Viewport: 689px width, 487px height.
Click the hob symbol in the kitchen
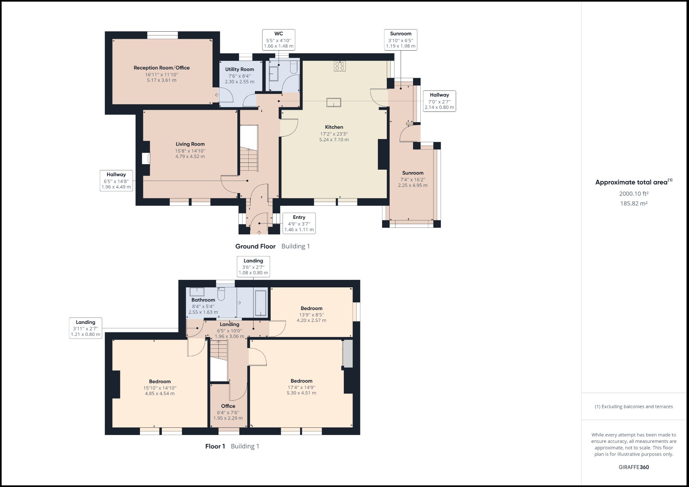[x=340, y=66]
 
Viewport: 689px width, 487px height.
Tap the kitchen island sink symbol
[x=334, y=103]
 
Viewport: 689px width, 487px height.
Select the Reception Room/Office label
[x=162, y=68]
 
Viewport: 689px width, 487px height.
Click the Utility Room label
[x=239, y=69]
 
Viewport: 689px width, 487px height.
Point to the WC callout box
[x=278, y=40]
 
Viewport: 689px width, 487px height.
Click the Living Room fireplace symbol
[x=146, y=158]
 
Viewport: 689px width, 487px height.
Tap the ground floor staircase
[x=249, y=159]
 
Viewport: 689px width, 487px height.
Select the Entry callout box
[x=299, y=223]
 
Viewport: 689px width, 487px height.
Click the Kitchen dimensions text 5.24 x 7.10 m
[x=334, y=140]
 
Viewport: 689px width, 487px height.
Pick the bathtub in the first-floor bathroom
[x=260, y=303]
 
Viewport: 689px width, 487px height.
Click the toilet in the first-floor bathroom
[x=221, y=293]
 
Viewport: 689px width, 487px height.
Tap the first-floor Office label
[x=228, y=406]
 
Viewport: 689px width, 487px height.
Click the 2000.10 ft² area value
[x=634, y=194]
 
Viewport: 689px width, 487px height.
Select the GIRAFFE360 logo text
[x=634, y=467]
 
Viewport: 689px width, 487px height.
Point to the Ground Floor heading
[x=255, y=246]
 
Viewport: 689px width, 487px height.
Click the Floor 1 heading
[x=215, y=446]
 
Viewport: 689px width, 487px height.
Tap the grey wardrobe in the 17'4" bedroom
[x=348, y=353]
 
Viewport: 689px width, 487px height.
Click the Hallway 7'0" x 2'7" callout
[x=439, y=101]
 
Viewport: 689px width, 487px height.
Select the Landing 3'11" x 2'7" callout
[x=85, y=328]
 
